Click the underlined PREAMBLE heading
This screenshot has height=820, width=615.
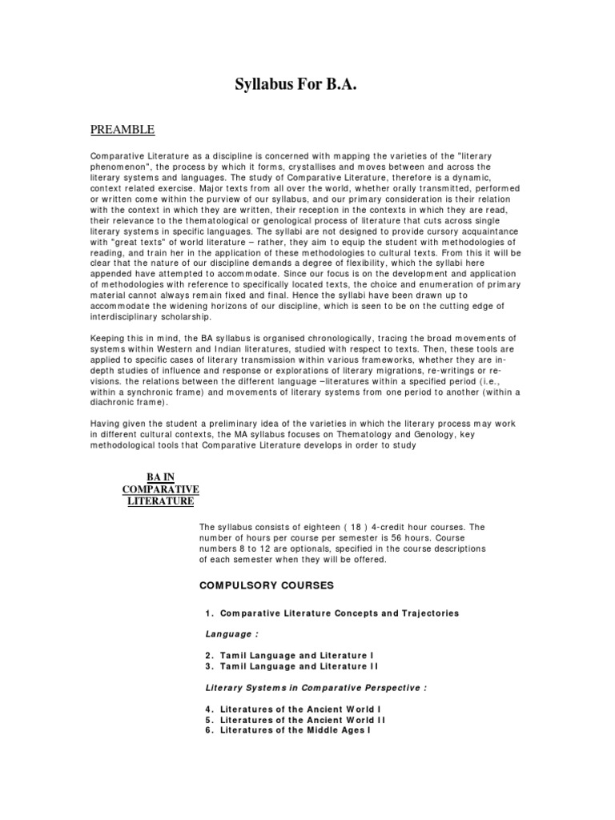coord(122,130)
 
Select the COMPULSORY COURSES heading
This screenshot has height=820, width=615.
coord(267,585)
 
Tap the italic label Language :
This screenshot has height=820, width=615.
coord(232,633)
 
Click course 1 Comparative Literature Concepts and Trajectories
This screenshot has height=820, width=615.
coord(332,613)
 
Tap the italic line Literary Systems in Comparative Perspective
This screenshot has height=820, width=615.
coord(316,687)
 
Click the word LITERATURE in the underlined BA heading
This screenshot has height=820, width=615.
coord(160,501)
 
